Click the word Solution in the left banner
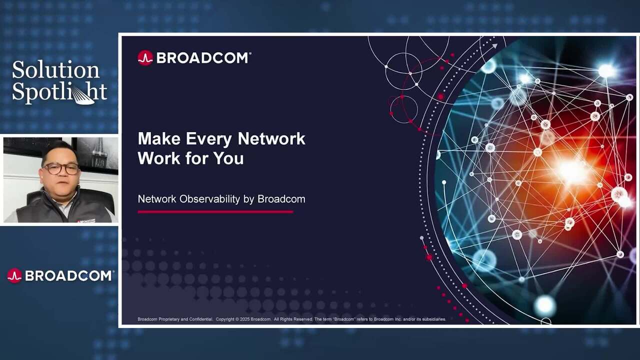click(x=55, y=70)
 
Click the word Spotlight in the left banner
click(x=59, y=92)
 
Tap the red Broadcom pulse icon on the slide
click(x=145, y=58)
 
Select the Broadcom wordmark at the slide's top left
click(x=203, y=58)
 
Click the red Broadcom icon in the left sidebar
click(x=14, y=275)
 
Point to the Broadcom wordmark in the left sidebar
click(x=69, y=275)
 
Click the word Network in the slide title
click(x=271, y=138)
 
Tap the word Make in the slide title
click(x=159, y=138)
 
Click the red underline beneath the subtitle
click(x=215, y=212)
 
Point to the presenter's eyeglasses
click(x=61, y=168)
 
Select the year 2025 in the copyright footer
click(x=244, y=319)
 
